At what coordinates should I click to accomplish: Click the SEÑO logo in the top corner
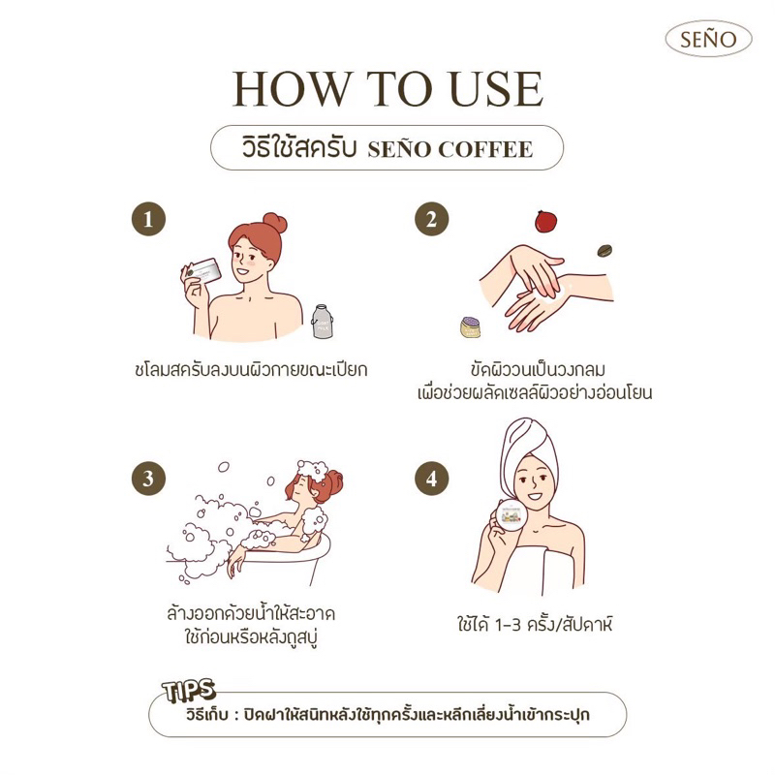pos(708,39)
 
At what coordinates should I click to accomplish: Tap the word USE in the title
pos(497,89)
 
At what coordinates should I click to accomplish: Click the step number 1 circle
pos(148,219)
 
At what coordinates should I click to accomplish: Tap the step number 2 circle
pos(431,219)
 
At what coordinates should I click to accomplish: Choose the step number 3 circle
pos(148,479)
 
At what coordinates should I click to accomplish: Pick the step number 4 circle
pos(431,479)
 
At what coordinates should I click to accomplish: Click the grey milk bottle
pos(322,322)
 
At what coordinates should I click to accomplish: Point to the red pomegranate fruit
pos(545,221)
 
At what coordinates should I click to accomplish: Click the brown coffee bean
pos(604,251)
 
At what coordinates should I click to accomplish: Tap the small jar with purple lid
pos(470,327)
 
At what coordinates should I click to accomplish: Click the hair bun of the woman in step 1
pos(275,224)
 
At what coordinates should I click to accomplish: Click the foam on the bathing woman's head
pos(311,470)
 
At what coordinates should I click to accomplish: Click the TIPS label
pos(189,691)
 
